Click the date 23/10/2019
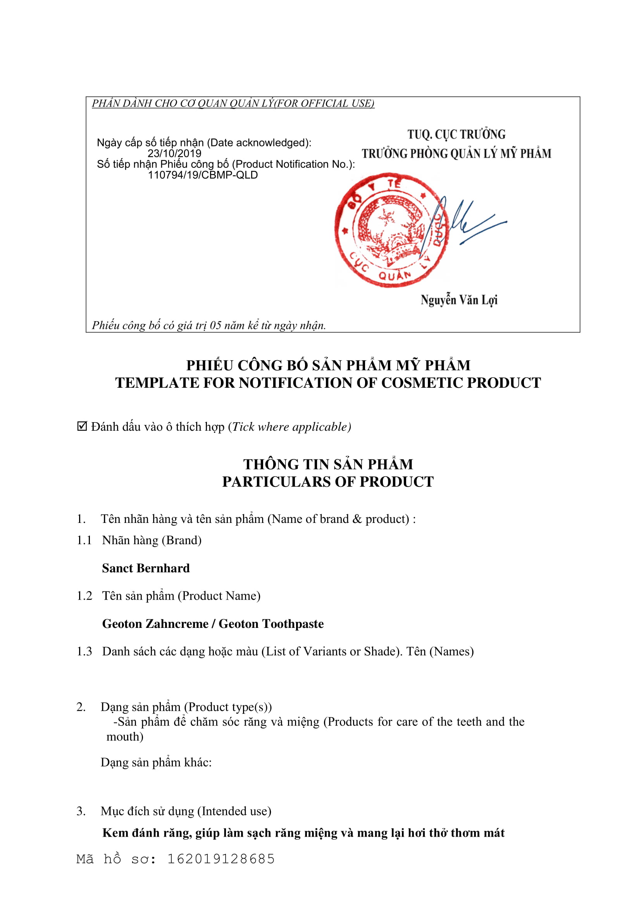click(x=174, y=153)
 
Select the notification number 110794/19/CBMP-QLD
click(x=202, y=175)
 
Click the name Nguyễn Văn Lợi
click(x=458, y=300)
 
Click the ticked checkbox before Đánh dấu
click(x=82, y=426)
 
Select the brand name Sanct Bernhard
click(x=146, y=568)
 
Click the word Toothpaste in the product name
click(x=293, y=624)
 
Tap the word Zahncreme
click(x=177, y=624)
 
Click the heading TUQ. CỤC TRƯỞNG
click(x=456, y=134)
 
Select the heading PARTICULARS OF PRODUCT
click(x=327, y=482)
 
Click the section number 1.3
click(x=84, y=651)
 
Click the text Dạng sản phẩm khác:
click(x=156, y=762)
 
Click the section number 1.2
click(x=84, y=595)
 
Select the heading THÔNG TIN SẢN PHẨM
click(x=327, y=464)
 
